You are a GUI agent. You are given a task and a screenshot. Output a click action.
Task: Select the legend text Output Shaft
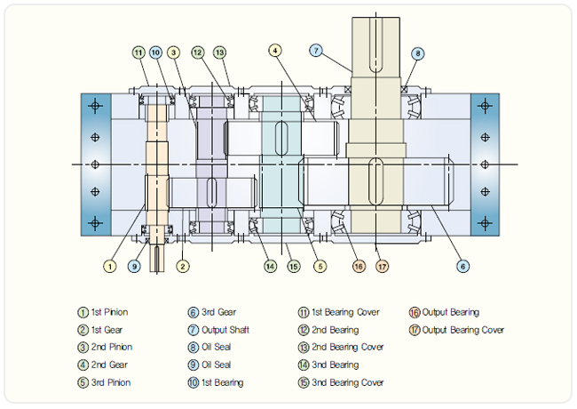tap(226, 330)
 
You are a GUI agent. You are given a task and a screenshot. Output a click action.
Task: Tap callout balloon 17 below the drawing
tap(382, 266)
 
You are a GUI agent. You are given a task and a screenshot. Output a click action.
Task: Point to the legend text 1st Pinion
tap(109, 313)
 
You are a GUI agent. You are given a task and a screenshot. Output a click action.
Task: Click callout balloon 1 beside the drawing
tap(110, 265)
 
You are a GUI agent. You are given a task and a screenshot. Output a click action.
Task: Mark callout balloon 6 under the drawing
tap(462, 265)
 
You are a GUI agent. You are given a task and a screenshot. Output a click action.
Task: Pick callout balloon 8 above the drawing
tap(417, 53)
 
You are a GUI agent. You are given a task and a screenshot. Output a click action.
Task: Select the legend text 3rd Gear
tap(220, 313)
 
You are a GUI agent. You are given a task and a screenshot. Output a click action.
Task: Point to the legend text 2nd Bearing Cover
tap(347, 348)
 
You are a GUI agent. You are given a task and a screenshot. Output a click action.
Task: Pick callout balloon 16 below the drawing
tap(358, 266)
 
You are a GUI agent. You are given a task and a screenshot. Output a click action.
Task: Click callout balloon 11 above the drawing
tap(138, 53)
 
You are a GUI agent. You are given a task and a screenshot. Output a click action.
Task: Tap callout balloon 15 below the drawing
tap(293, 266)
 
